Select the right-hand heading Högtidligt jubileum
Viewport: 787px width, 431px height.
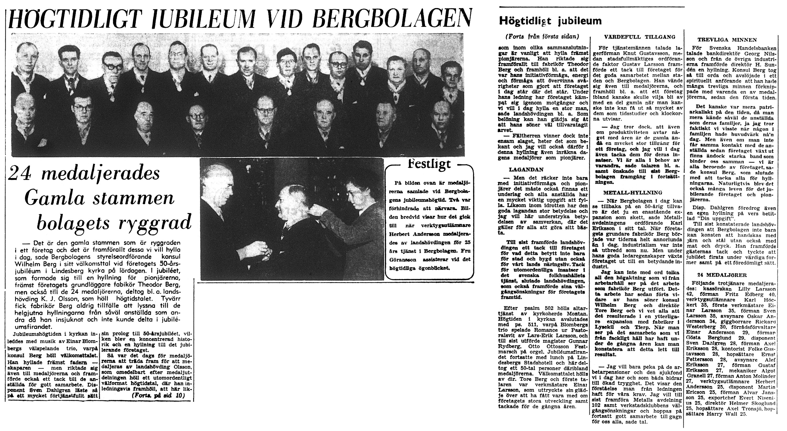coord(550,21)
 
